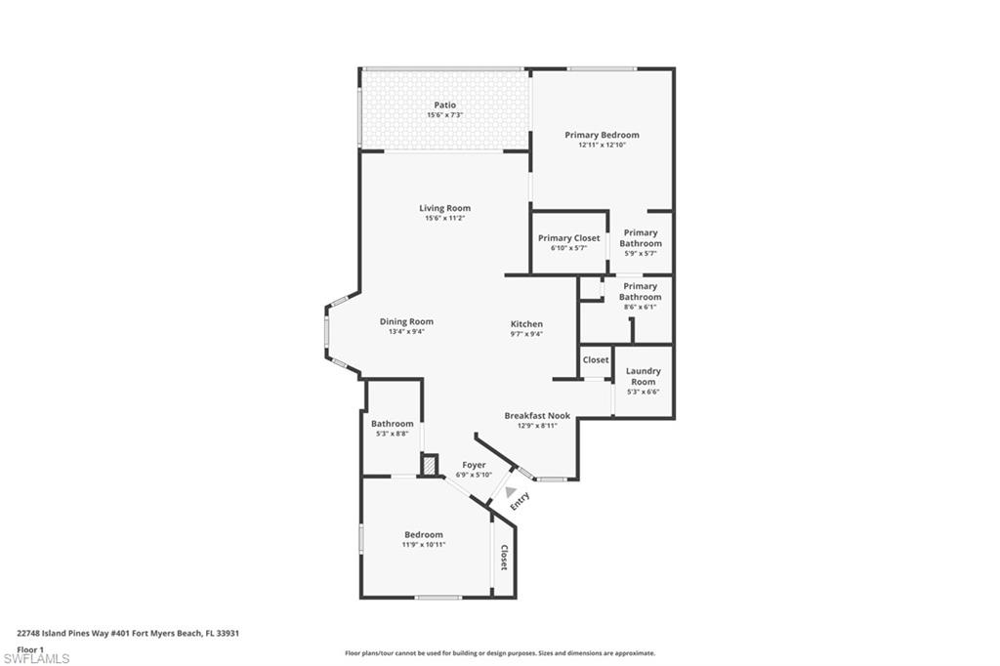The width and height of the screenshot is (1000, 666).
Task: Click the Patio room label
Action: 444,105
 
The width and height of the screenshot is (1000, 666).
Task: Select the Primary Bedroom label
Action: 602,135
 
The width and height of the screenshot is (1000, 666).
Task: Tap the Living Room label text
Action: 444,208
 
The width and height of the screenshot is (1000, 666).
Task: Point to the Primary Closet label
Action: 568,238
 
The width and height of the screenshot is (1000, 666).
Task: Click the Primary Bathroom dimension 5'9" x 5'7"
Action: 641,254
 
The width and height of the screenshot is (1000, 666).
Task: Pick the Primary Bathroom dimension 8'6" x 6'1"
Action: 641,307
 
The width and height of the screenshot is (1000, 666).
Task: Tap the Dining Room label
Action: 406,321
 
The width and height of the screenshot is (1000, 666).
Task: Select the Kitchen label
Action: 526,324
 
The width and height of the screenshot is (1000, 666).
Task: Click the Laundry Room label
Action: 643,376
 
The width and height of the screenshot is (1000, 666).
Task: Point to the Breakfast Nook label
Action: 537,416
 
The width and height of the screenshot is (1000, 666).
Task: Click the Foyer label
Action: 474,465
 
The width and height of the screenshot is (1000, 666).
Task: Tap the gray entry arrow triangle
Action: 510,491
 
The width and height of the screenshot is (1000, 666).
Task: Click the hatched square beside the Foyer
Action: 429,464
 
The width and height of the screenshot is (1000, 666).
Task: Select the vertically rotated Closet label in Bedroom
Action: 504,558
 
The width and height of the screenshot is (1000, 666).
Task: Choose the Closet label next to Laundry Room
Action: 596,359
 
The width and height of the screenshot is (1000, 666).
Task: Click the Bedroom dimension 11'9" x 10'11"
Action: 424,544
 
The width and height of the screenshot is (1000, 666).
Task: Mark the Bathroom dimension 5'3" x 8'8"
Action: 392,433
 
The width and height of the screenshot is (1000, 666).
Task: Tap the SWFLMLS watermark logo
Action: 36,658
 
